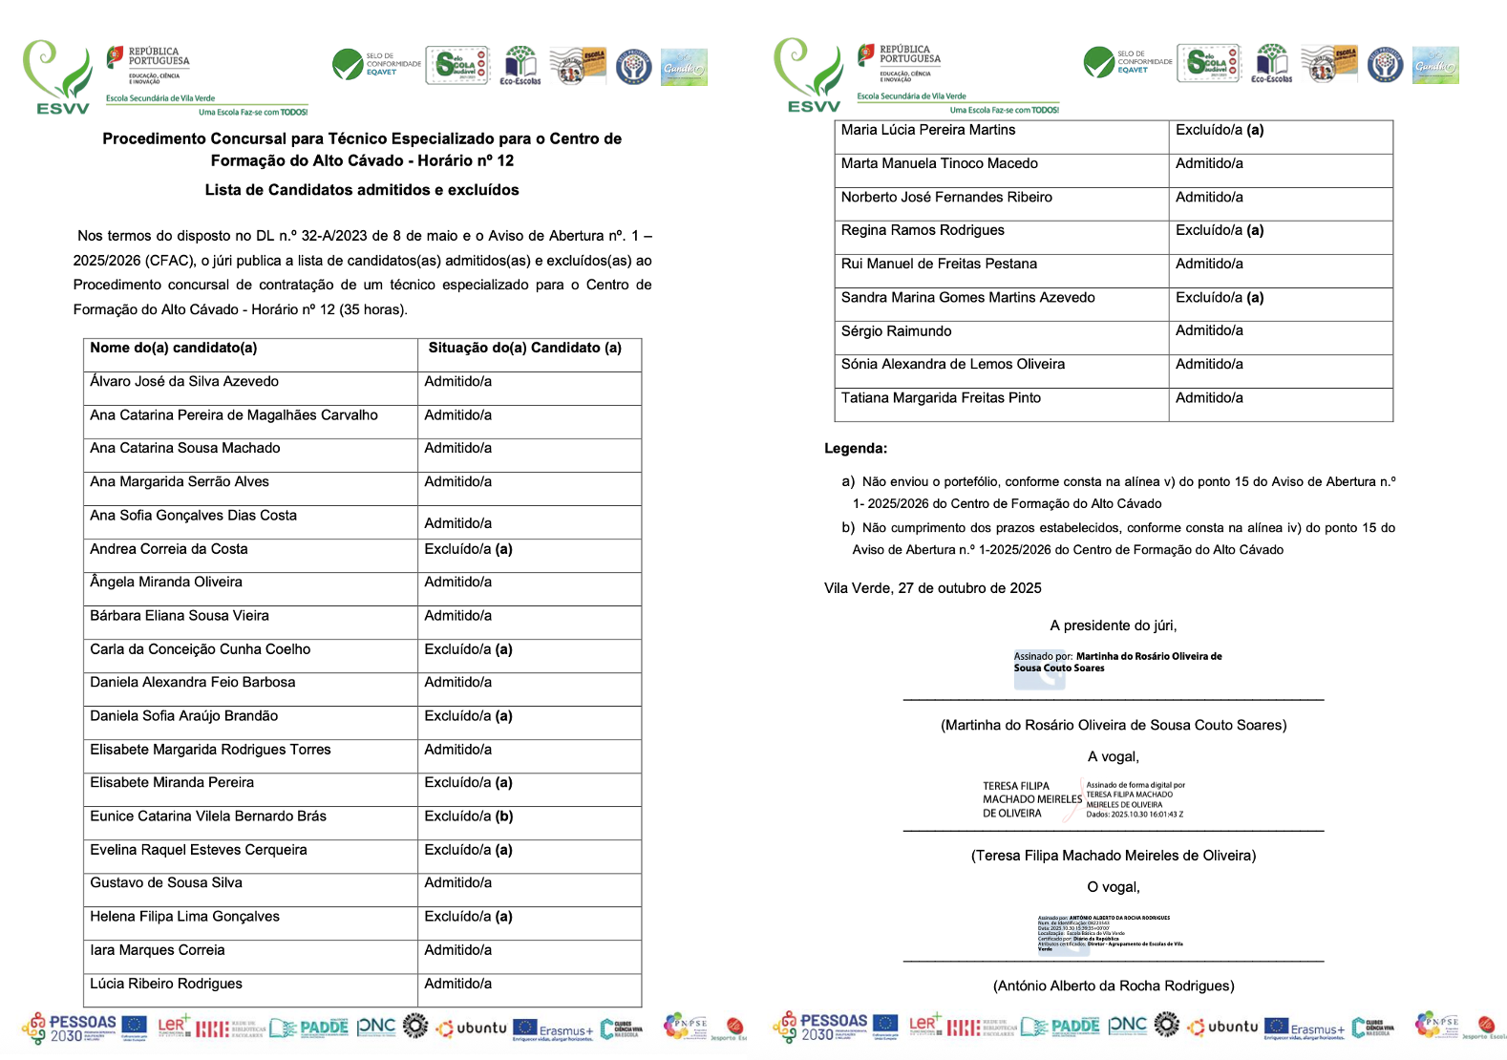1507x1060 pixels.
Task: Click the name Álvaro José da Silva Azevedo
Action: point(184,382)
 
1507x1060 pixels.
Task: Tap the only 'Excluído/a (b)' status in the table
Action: point(468,816)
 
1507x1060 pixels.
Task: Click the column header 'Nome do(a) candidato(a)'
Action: point(174,349)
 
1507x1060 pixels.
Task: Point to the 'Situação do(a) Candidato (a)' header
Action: point(524,349)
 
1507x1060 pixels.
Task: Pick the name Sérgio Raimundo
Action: point(896,331)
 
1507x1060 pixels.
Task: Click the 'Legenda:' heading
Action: point(856,449)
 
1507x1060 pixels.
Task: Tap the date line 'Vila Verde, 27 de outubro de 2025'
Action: point(932,588)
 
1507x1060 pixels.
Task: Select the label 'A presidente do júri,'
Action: point(1113,625)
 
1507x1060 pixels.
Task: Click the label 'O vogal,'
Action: point(1113,887)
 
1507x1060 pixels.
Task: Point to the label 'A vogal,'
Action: point(1113,756)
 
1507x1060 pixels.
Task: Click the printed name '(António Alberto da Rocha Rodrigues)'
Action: point(1113,986)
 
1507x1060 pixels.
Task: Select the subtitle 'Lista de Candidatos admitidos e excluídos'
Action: point(362,190)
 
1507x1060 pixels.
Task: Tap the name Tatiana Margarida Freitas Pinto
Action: point(941,398)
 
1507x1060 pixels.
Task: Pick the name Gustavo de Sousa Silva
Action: point(166,883)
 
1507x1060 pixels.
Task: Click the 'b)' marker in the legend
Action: point(847,527)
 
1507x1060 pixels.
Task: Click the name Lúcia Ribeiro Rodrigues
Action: point(166,984)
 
